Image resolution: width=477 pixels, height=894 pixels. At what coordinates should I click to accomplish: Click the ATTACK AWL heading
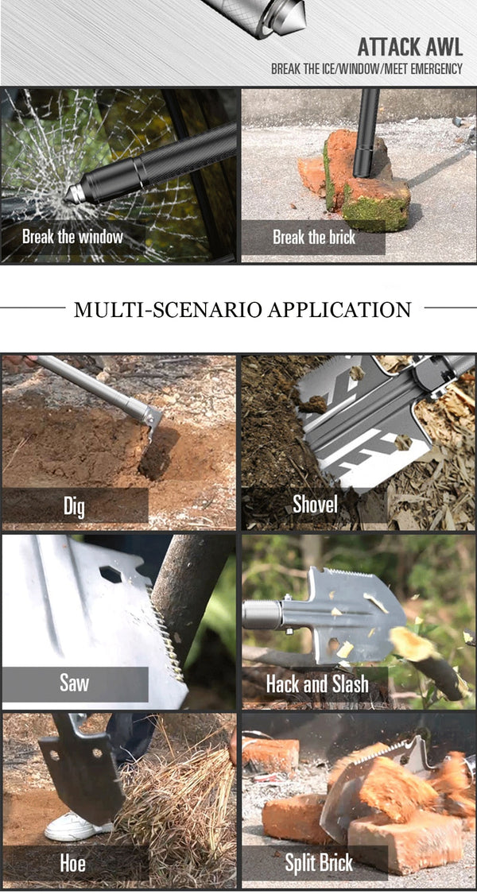click(409, 47)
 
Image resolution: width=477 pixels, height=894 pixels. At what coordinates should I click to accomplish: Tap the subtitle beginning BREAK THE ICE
click(366, 70)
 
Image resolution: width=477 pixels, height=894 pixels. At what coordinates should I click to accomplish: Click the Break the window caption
click(72, 236)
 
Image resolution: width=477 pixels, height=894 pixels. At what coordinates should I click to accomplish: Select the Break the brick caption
click(314, 237)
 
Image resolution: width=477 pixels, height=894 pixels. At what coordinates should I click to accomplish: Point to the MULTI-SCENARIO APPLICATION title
click(242, 309)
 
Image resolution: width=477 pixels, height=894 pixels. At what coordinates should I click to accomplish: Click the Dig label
click(74, 505)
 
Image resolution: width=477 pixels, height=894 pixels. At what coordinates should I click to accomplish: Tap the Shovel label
click(315, 504)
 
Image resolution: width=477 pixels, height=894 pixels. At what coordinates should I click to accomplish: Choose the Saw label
click(74, 683)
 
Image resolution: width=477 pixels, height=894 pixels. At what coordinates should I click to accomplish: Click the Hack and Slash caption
click(317, 683)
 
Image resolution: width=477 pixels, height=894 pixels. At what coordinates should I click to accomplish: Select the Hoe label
click(74, 863)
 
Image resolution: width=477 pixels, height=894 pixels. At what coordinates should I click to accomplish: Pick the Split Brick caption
click(319, 863)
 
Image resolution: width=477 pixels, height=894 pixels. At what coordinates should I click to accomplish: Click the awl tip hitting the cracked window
click(70, 195)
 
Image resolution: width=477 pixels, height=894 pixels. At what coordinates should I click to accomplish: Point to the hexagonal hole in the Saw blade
click(111, 574)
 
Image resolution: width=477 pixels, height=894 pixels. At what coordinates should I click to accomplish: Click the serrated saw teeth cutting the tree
click(167, 633)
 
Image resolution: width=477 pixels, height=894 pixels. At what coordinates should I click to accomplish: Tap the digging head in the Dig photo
click(150, 423)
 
